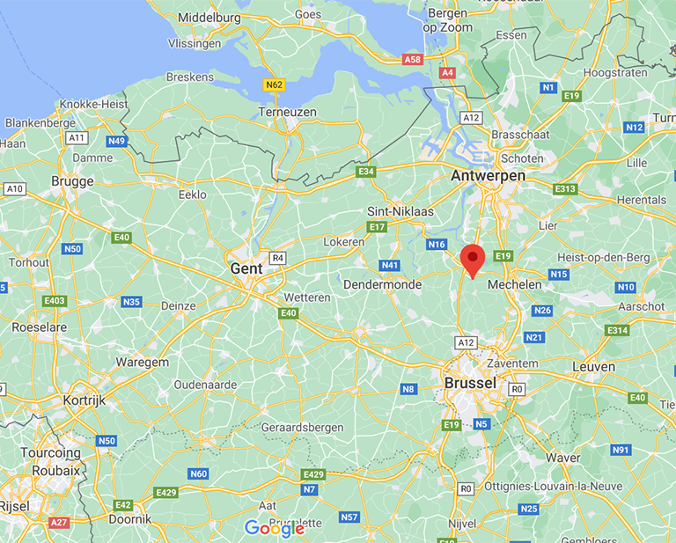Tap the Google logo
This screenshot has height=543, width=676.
tap(274, 528)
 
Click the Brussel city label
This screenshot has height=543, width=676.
tap(470, 383)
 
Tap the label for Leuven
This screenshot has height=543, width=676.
tap(593, 366)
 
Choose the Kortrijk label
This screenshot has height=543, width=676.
tap(84, 400)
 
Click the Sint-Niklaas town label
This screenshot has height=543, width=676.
tap(400, 212)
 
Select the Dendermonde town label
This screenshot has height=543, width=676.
tap(385, 285)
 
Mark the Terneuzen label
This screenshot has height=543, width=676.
tap(287, 112)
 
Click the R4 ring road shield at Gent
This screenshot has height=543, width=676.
tap(278, 258)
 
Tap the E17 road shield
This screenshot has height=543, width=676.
tap(377, 227)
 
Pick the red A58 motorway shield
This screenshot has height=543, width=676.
tap(412, 59)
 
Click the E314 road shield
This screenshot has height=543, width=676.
tap(617, 330)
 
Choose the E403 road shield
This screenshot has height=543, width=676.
tap(55, 301)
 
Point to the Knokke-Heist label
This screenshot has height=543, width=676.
tap(93, 104)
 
